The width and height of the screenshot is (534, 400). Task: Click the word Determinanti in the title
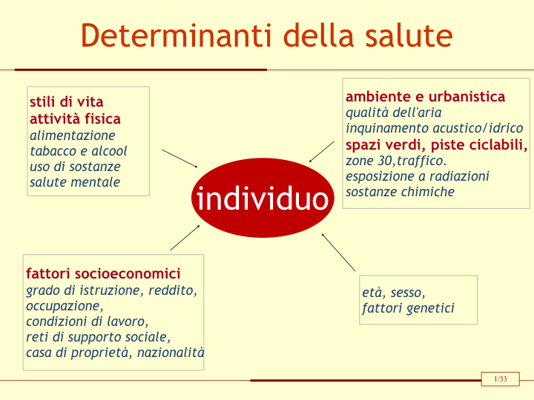pyautogui.click(x=176, y=36)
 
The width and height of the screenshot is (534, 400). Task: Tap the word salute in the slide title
pyautogui.click(x=409, y=36)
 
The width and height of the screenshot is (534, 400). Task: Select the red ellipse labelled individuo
pyautogui.click(x=263, y=198)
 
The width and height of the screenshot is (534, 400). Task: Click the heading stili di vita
pyautogui.click(x=67, y=101)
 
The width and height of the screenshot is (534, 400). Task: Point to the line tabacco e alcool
pyautogui.click(x=79, y=151)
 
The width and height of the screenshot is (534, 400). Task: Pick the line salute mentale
pyautogui.click(x=75, y=182)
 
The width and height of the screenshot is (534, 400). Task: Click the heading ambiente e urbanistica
pyautogui.click(x=426, y=96)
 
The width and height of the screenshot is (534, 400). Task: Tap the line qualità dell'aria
pyautogui.click(x=394, y=113)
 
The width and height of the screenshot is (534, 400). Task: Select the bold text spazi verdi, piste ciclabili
pyautogui.click(x=437, y=145)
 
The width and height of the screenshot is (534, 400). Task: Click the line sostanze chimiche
pyautogui.click(x=400, y=192)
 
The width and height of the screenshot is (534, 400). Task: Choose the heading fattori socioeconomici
pyautogui.click(x=103, y=273)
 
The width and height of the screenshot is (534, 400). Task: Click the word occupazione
pyautogui.click(x=65, y=306)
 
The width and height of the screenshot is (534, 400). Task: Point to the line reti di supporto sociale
pyautogui.click(x=99, y=337)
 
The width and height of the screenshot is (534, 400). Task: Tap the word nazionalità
pyautogui.click(x=171, y=353)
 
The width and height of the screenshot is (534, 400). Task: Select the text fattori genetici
pyautogui.click(x=409, y=308)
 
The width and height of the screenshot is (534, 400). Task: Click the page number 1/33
pyautogui.click(x=501, y=379)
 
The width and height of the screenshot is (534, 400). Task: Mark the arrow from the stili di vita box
pyautogui.click(x=179, y=159)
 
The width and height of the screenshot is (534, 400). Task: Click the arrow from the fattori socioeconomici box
pyautogui.click(x=185, y=238)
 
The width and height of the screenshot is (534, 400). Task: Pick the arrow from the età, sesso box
pyautogui.click(x=338, y=253)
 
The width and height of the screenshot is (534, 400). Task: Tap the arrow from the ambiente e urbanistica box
pyautogui.click(x=321, y=152)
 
